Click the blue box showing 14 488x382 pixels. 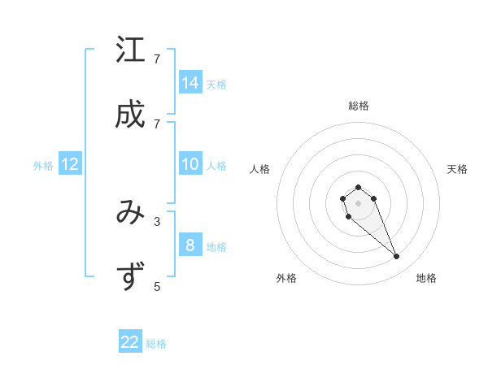(x=190, y=82)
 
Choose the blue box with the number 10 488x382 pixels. (x=190, y=164)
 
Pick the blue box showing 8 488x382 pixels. (x=190, y=245)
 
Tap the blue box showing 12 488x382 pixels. (x=70, y=164)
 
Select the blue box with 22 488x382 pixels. (x=130, y=342)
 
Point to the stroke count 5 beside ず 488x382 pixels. (x=157, y=286)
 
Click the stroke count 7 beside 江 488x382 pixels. (x=157, y=59)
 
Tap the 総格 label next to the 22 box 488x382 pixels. (x=156, y=344)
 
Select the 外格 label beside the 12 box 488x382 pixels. (x=43, y=166)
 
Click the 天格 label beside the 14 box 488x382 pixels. (x=216, y=84)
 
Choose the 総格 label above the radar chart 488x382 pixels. (x=358, y=106)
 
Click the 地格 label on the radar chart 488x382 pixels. (x=426, y=278)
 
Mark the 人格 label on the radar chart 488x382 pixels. (x=259, y=169)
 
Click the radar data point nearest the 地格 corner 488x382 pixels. (x=396, y=257)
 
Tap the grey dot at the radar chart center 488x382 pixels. (x=358, y=202)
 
